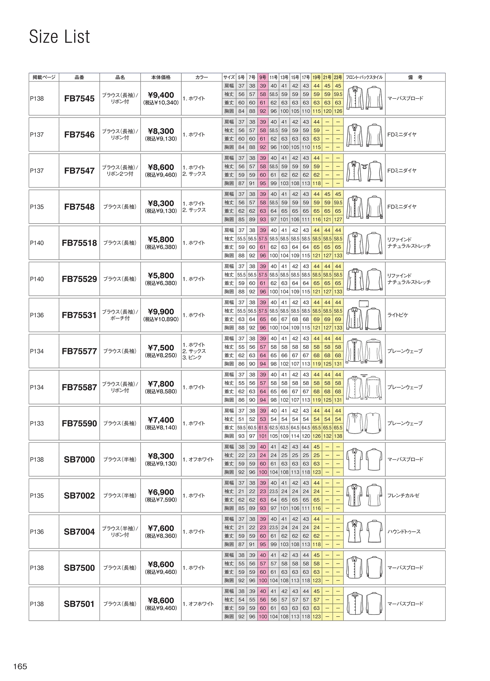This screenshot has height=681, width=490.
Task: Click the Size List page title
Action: pos(59,37)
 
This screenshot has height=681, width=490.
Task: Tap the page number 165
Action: pos(20,666)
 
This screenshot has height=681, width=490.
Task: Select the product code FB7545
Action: pos(79,99)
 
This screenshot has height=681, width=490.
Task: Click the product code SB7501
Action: pos(79,604)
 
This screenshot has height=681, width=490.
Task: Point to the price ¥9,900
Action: pos(161,312)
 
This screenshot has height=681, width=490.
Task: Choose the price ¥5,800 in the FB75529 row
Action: pos(161,276)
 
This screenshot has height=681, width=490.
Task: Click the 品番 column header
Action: pos(79,77)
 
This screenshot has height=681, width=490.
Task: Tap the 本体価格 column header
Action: pos(161,77)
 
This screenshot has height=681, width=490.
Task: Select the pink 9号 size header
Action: pos(263,77)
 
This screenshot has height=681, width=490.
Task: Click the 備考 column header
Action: pos(415,77)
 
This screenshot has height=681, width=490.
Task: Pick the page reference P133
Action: pos(37,424)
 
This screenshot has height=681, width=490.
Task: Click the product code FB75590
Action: pos(79,424)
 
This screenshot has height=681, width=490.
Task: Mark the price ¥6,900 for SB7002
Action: pos(161,492)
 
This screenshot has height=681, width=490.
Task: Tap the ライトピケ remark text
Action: pos(398,315)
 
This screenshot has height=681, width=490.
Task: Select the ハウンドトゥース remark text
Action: pos(404,532)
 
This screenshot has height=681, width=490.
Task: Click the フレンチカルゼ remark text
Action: pos(403,496)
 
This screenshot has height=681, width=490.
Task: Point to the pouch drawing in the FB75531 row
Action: pos(364,304)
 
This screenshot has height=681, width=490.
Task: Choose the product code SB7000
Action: pos(79,459)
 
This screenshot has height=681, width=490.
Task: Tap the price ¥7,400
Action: pos(161,420)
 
